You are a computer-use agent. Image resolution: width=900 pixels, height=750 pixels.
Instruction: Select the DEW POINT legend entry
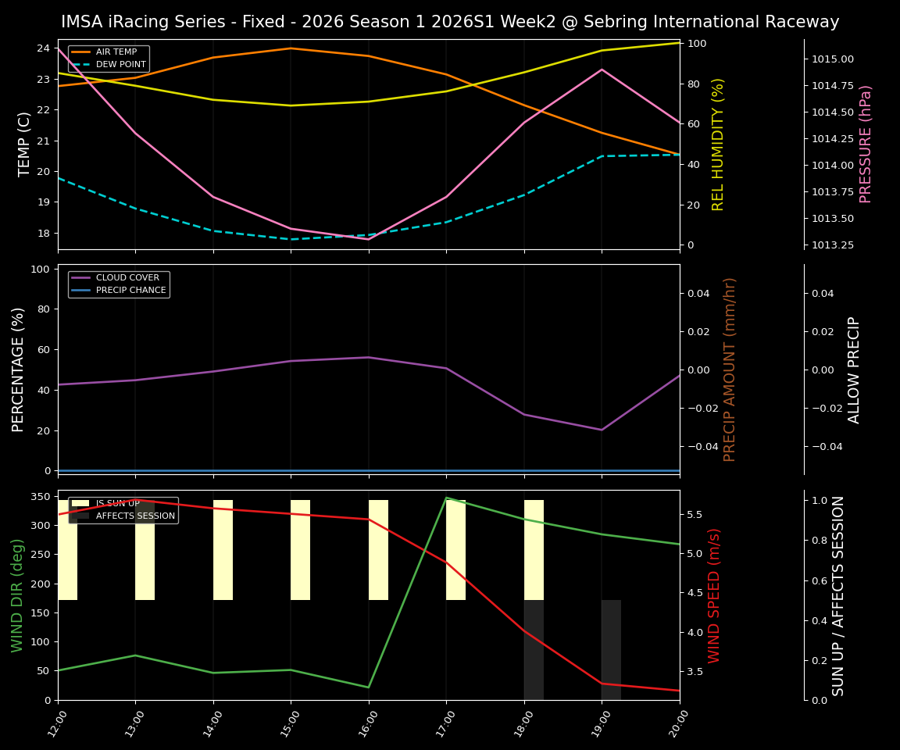pyautogui.click(x=120, y=64)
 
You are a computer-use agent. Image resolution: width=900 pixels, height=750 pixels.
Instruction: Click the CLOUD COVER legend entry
pyautogui.click(x=127, y=278)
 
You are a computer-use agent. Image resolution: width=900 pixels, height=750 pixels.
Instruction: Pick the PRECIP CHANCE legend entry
pyautogui.click(x=130, y=291)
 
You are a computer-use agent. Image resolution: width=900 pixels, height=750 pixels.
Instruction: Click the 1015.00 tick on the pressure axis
pyautogui.click(x=832, y=59)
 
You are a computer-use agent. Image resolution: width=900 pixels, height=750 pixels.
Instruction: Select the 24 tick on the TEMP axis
pyautogui.click(x=44, y=48)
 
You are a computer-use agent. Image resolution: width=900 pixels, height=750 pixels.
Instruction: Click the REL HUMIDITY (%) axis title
pyautogui.click(x=719, y=145)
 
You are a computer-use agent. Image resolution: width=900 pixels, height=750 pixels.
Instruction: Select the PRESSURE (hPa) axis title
pyautogui.click(x=866, y=145)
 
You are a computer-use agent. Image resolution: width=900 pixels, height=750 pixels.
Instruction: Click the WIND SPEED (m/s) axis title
pyautogui.click(x=714, y=595)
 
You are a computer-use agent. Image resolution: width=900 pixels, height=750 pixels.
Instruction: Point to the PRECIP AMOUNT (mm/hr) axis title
pyautogui.click(x=730, y=370)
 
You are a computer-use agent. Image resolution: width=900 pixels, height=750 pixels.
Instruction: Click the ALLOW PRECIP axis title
pyautogui.click(x=854, y=370)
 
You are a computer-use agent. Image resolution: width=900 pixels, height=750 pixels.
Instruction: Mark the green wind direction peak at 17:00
pyautogui.click(x=446, y=498)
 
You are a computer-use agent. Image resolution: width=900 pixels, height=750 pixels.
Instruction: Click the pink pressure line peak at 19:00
pyautogui.click(x=602, y=70)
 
